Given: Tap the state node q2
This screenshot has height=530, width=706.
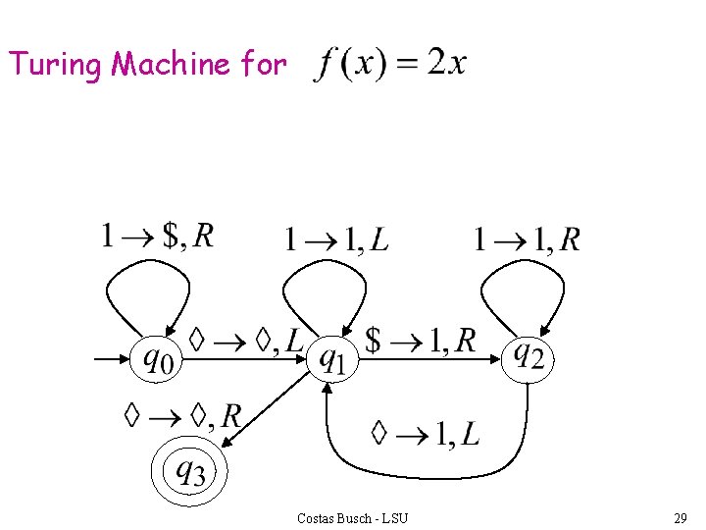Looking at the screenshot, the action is pos(529,355).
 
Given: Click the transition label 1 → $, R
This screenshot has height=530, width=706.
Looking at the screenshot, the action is pos(157,236).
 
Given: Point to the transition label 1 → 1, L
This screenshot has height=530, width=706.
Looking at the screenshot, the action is pos(335,238).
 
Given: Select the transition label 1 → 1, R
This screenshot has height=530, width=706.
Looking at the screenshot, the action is pos(527,238).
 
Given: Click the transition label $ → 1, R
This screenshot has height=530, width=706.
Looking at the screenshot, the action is pos(420,341).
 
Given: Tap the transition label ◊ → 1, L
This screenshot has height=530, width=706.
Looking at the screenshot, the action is pos(426,432).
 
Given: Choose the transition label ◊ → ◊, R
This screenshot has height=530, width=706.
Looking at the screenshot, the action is pos(183,415).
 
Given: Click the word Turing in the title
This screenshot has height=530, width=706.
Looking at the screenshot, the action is pos(55,65).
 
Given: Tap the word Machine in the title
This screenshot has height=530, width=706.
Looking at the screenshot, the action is pos(171,65).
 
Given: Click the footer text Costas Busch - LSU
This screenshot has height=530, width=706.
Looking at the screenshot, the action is pos(352,517).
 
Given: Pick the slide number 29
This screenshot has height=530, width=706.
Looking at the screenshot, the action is pos(680,517).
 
